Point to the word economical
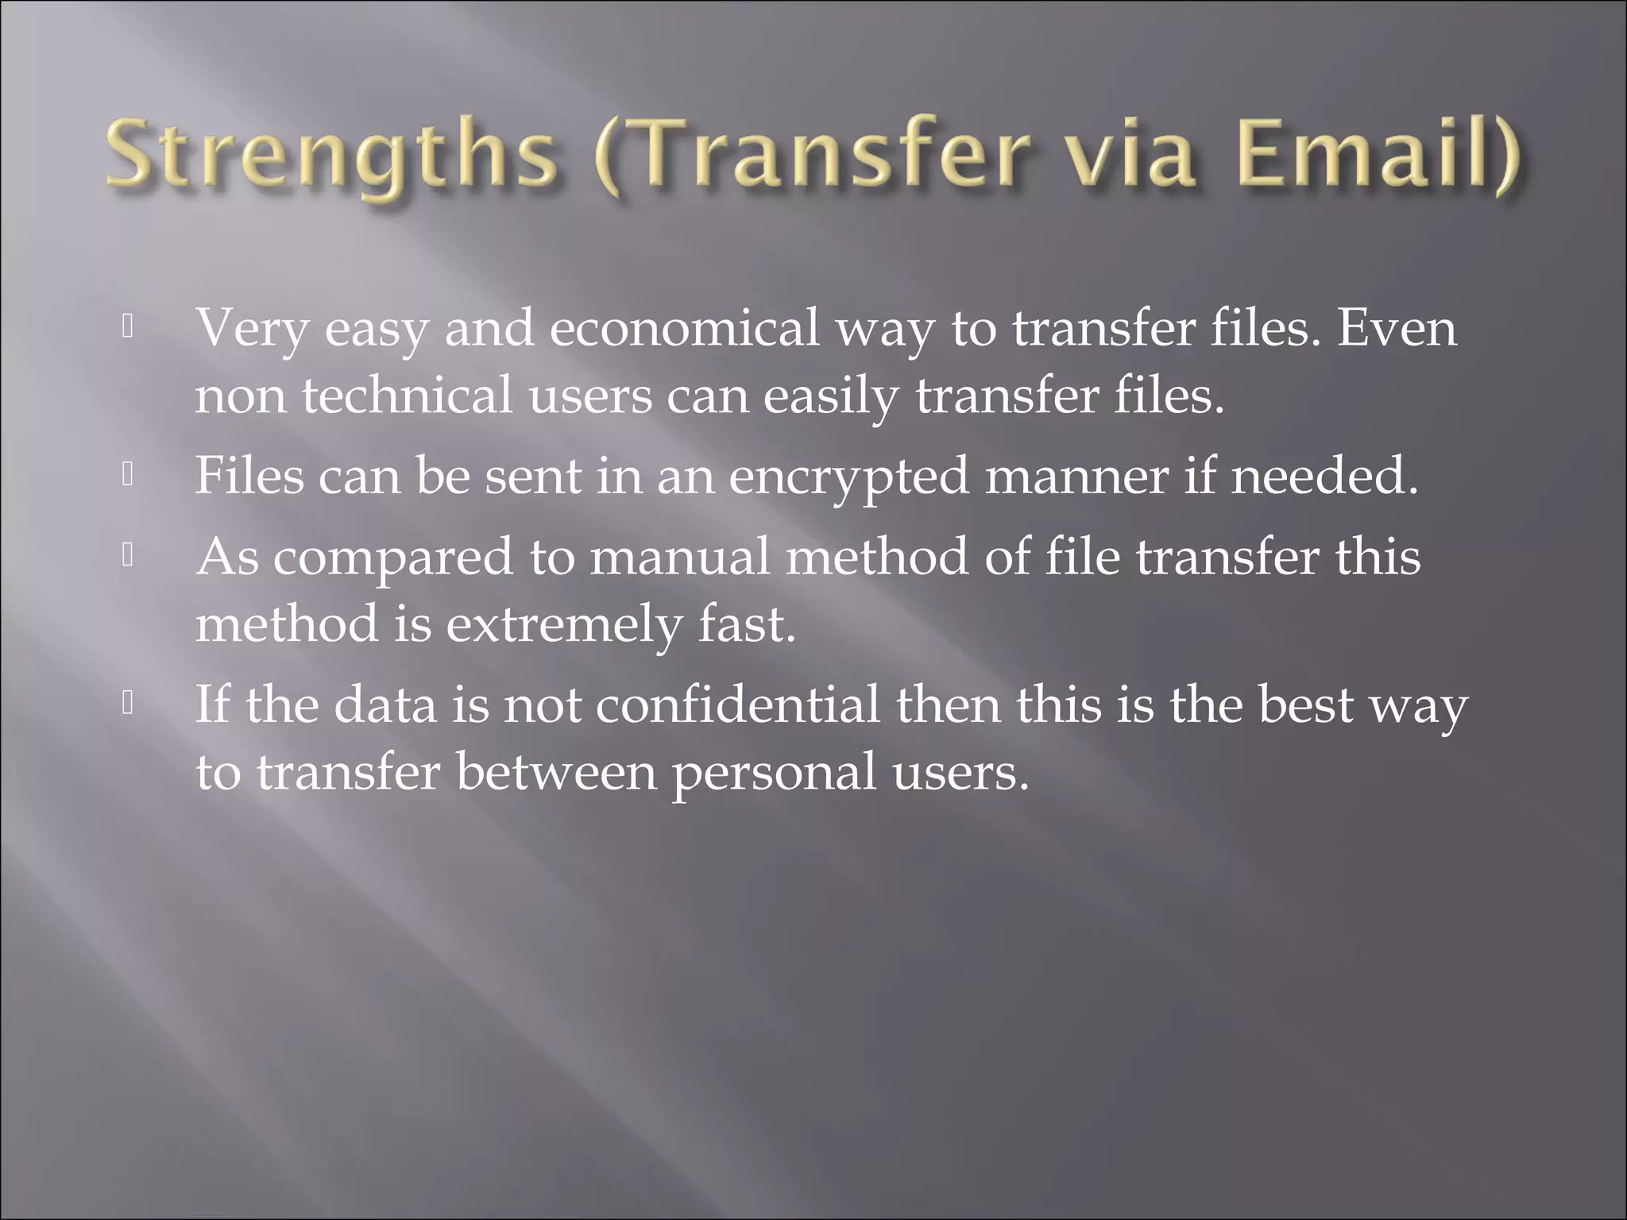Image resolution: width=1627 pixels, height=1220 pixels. coord(684,327)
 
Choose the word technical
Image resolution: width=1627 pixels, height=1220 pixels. coord(407,395)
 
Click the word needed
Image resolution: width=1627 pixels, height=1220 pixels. coord(1324,477)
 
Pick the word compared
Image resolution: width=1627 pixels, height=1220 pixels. coord(393,558)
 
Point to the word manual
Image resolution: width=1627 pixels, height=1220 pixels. coord(680,556)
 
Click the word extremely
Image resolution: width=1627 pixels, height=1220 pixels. coord(564,624)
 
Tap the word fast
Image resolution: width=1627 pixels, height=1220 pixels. coord(747,624)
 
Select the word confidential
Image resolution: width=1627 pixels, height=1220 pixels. coord(738,705)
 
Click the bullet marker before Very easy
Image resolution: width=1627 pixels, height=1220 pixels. coord(127,327)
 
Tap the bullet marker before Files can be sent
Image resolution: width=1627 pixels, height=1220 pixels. coord(127,475)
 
